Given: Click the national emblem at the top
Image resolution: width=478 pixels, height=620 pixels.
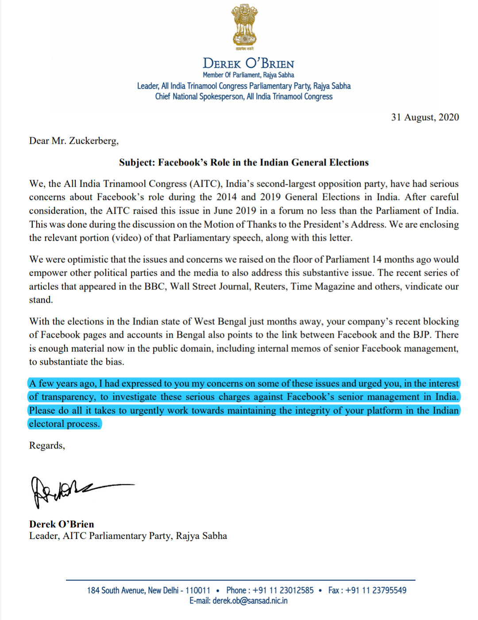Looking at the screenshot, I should tap(244, 27).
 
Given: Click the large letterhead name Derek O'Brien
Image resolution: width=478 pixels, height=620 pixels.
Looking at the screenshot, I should tap(248, 63).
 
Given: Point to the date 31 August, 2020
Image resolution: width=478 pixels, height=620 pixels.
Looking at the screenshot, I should tap(425, 117).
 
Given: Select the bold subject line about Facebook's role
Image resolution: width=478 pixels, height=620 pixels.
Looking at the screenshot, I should tap(244, 162).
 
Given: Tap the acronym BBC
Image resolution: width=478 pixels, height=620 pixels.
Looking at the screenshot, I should tap(154, 286).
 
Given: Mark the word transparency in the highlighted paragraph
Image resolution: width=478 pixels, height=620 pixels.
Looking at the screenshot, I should tap(68, 397).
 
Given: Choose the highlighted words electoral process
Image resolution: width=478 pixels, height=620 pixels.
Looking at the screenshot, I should tap(65, 424).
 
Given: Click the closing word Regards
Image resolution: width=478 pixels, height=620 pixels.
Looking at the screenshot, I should tap(46, 445).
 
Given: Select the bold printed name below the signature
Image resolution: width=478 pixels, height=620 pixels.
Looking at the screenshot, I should tap(62, 524).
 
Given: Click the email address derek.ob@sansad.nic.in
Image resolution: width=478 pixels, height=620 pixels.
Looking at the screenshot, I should tap(250, 601).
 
